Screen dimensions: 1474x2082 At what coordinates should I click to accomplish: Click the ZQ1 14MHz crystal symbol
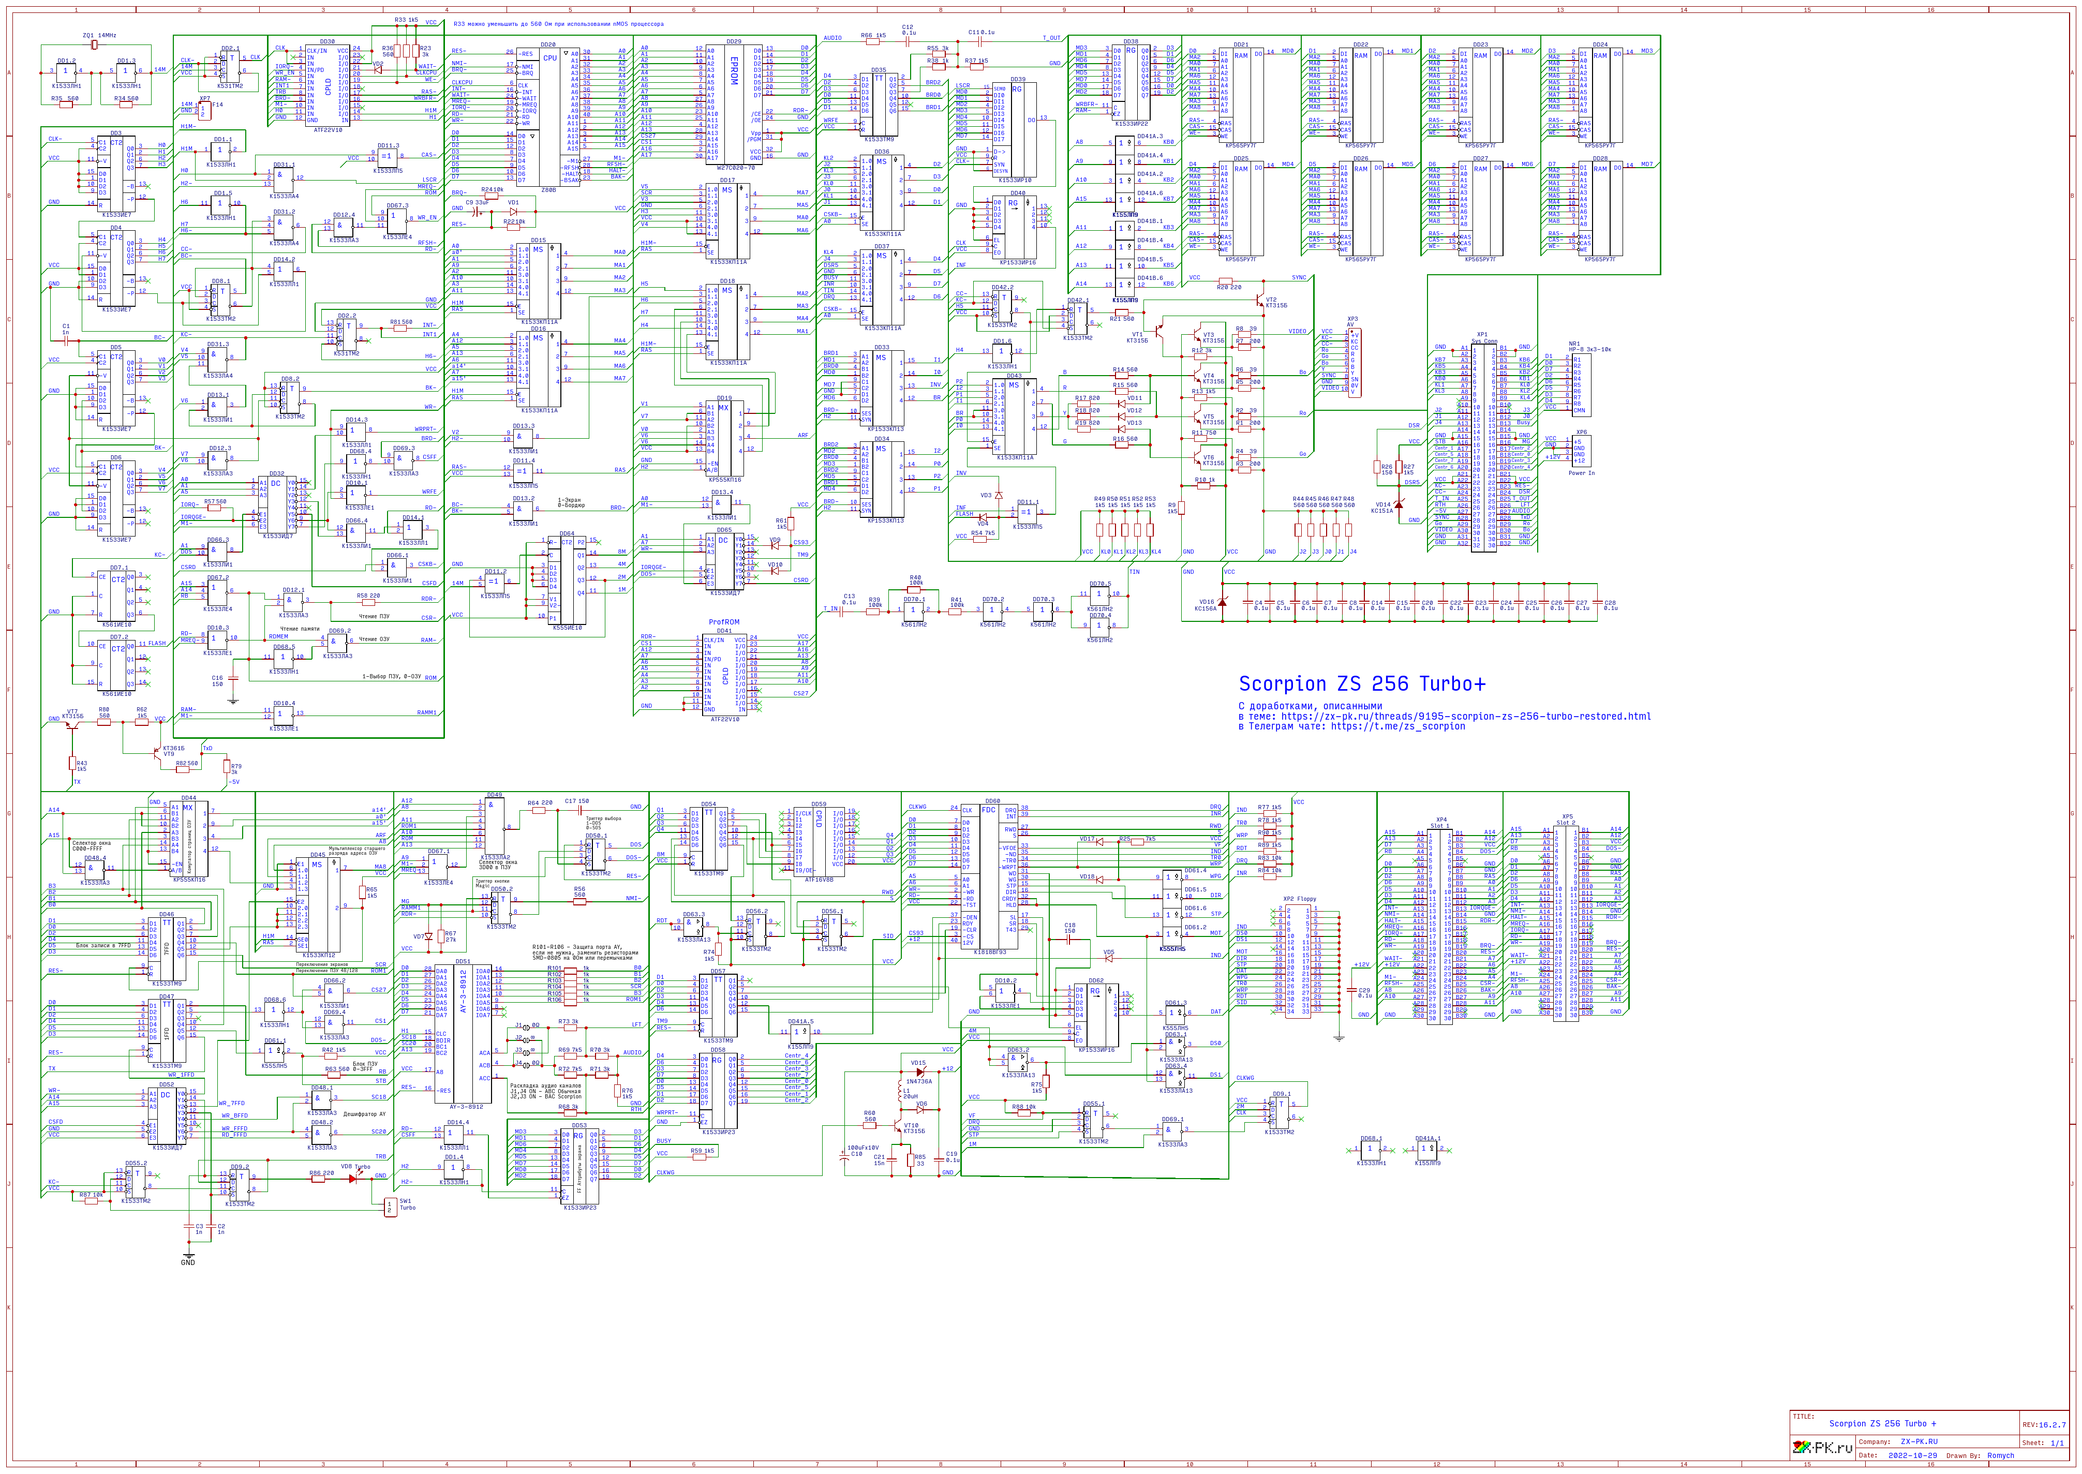(94, 43)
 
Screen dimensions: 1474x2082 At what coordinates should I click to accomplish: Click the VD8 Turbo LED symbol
(354, 1178)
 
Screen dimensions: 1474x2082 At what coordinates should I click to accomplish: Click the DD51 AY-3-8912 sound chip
(463, 1035)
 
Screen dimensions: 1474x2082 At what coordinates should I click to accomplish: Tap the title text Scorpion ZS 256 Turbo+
(1361, 683)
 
